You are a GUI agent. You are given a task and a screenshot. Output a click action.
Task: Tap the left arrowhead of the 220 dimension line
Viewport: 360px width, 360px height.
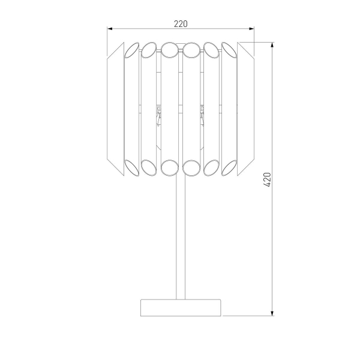pyautogui.click(x=110, y=28)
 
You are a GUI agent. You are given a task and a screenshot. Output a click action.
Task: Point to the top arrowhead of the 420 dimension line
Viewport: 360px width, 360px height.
pyautogui.click(x=273, y=45)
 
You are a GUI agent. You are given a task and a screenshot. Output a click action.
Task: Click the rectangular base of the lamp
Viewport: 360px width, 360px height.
pyautogui.click(x=181, y=307)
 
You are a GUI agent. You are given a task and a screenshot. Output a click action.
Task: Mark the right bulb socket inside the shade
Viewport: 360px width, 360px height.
pyautogui.click(x=202, y=114)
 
